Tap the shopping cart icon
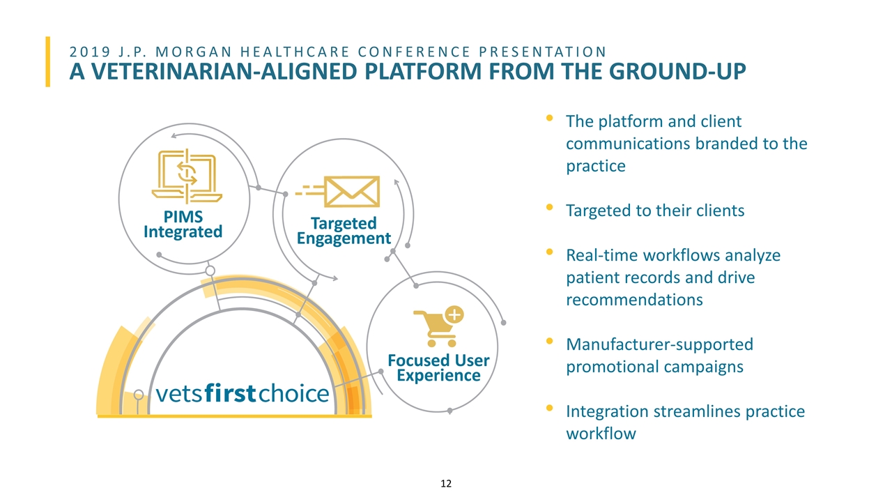(x=438, y=327)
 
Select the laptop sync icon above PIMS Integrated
(x=187, y=176)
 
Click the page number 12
(x=446, y=483)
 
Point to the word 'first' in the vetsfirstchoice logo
(x=230, y=393)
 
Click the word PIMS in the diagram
(x=183, y=217)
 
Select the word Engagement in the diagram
(x=344, y=238)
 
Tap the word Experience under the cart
(x=438, y=375)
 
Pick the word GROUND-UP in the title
(x=677, y=72)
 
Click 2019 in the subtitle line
(x=90, y=52)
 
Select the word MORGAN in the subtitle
(x=194, y=52)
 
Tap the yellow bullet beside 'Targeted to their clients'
(x=550, y=207)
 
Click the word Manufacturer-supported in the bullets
(x=660, y=344)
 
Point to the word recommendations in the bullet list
(x=634, y=300)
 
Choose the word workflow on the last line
(x=601, y=434)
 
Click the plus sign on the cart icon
(x=454, y=314)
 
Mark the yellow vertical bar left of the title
(x=48, y=62)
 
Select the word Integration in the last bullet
(x=607, y=411)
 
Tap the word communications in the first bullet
(x=628, y=144)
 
